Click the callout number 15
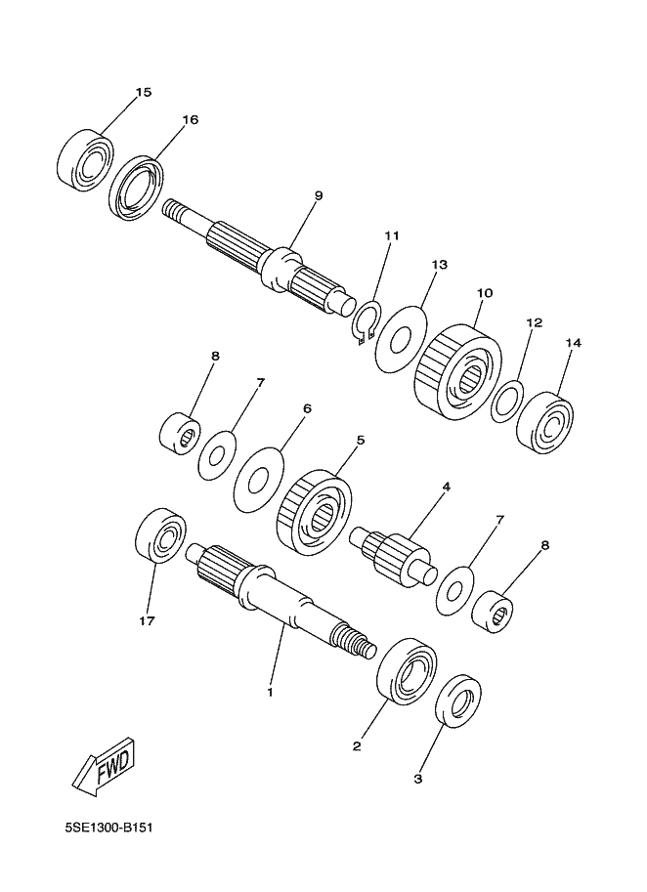coord(144,92)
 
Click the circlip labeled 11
coord(366,322)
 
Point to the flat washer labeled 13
coord(401,340)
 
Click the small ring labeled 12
coord(507,402)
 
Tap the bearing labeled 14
coord(545,423)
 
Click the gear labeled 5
coord(314,510)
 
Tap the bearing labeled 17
coord(161,535)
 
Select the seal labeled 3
coord(458,701)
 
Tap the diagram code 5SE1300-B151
coord(108,842)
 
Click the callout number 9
coord(318,195)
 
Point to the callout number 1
coord(271,693)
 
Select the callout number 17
coord(147,621)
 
